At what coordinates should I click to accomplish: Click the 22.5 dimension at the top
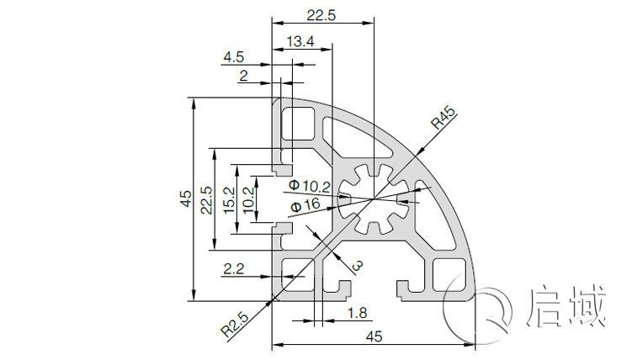point(321,15)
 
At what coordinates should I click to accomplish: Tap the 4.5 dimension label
point(233,57)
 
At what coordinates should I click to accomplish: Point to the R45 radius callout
point(443,118)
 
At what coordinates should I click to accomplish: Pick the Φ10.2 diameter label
point(309,185)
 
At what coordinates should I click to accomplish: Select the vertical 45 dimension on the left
point(184,199)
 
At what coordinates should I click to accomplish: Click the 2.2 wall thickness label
point(233,269)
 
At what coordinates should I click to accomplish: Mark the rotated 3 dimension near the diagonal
point(357,267)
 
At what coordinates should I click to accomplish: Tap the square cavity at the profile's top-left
point(295,124)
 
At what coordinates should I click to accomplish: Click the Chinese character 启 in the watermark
point(548,305)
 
